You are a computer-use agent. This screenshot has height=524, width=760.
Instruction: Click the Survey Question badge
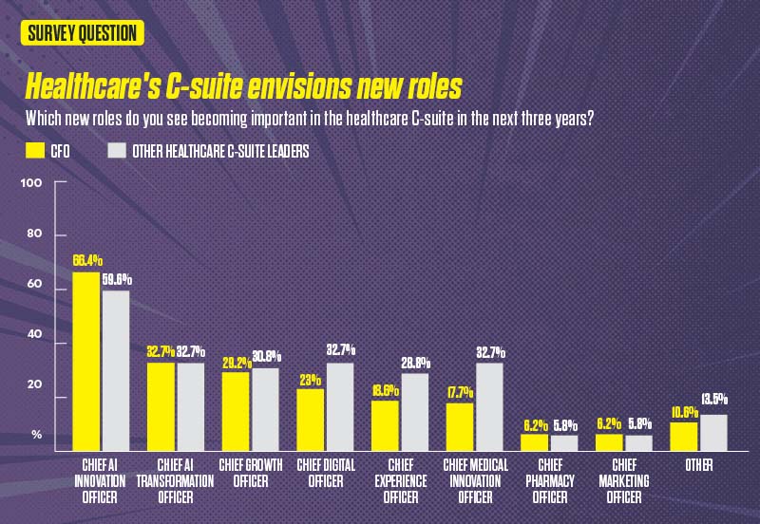click(x=81, y=32)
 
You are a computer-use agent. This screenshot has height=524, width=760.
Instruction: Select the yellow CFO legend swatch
click(x=35, y=151)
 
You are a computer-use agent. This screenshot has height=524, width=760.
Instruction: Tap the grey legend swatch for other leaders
click(x=117, y=151)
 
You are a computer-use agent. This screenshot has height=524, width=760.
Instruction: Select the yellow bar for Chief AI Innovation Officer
click(x=86, y=361)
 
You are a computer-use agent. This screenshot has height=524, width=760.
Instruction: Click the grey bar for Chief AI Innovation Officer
click(x=116, y=370)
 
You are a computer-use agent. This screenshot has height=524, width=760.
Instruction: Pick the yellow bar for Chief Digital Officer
click(x=310, y=420)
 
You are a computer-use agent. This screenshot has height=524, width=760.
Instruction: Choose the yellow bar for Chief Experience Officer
click(x=385, y=425)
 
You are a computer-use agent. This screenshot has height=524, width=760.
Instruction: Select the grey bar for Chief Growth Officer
click(x=264, y=409)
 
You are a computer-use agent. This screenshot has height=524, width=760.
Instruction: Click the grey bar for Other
click(x=712, y=432)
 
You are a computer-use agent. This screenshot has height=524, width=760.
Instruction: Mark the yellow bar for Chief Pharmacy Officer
click(x=534, y=442)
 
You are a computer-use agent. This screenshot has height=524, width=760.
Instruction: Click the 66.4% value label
click(x=87, y=260)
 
